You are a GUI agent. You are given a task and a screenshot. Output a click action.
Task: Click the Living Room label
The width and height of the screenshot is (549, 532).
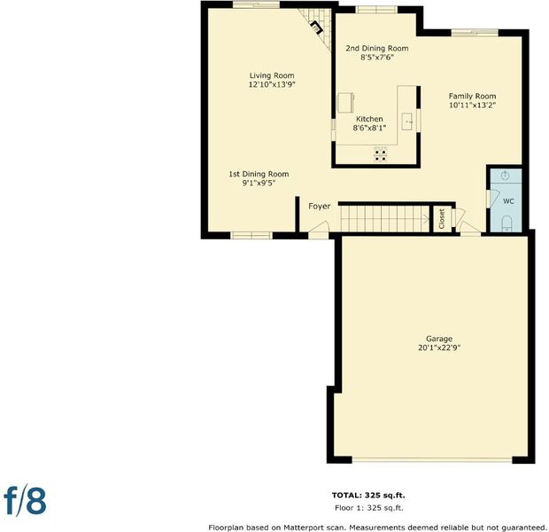pos(272,75)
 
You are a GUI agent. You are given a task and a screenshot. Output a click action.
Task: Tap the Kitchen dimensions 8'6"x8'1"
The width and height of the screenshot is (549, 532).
pos(369,128)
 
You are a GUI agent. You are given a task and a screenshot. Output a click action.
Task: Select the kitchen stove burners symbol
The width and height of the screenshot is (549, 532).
pos(381,155)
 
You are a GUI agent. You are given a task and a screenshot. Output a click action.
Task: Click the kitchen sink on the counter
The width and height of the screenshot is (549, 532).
pos(407,121)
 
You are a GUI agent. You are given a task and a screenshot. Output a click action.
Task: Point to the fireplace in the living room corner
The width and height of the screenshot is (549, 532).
pos(317,27)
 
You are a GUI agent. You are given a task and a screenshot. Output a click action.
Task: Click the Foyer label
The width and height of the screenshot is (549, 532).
pos(320,207)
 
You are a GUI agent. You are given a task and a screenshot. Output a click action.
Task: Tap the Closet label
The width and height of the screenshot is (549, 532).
pos(442,218)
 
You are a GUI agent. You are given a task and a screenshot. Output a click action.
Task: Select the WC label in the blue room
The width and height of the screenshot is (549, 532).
pos(508,201)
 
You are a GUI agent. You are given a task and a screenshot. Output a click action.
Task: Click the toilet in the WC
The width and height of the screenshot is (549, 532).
pos(506,223)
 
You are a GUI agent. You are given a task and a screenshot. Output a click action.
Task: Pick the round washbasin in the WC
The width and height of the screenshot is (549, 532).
pos(506,176)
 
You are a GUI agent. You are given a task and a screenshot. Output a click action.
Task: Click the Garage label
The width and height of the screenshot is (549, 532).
pos(439,339)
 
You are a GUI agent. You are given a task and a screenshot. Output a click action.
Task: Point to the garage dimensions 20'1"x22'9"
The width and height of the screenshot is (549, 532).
pos(439,348)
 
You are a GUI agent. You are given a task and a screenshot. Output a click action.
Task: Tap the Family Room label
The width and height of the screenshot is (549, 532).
pos(472,96)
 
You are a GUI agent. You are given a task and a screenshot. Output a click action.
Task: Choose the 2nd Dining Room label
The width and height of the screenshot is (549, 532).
pos(377,48)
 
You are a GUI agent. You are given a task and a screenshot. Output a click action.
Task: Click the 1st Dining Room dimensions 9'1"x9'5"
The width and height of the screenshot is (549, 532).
pos(259,183)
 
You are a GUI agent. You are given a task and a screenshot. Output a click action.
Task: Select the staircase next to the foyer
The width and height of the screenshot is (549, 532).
pos(385,218)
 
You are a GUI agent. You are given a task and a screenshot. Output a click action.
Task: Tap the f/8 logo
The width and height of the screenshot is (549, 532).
pos(25,500)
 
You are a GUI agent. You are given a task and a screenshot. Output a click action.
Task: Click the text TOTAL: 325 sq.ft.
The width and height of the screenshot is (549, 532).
pos(368,495)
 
